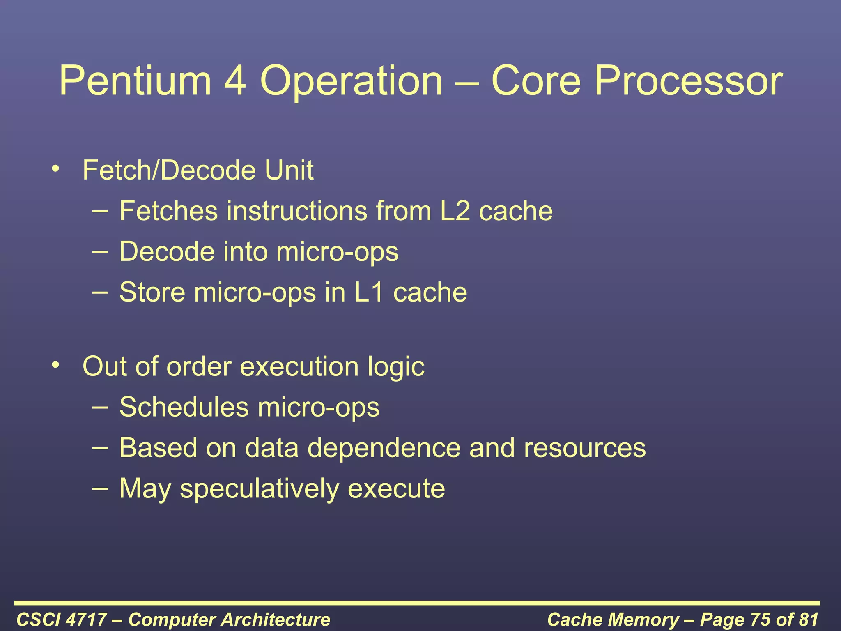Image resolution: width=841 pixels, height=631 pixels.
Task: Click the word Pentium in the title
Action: pyautogui.click(x=135, y=81)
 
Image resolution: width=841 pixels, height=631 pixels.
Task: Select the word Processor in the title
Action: pyautogui.click(x=688, y=81)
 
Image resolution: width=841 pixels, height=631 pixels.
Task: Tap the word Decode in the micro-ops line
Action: pyautogui.click(x=167, y=251)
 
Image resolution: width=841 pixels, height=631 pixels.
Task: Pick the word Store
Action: pyautogui.click(x=152, y=292)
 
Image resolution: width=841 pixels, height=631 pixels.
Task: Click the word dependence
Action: pyautogui.click(x=384, y=448)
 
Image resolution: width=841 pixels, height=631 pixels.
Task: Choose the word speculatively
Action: pyautogui.click(x=259, y=489)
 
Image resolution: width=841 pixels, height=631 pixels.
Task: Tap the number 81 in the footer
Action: pyautogui.click(x=808, y=619)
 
